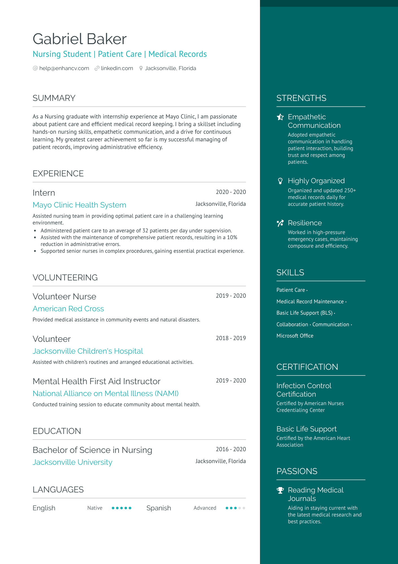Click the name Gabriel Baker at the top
click(x=80, y=39)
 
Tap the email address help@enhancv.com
click(x=64, y=68)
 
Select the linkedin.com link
click(x=117, y=68)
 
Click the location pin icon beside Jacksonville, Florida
click(x=141, y=68)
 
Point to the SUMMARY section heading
click(x=54, y=98)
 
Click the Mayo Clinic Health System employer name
click(x=79, y=205)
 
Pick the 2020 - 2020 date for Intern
click(x=231, y=192)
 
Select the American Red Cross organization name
click(x=68, y=309)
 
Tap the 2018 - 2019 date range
click(x=231, y=338)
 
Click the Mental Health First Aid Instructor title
click(x=97, y=381)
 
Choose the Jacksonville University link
click(x=73, y=462)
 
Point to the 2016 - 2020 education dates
click(x=231, y=449)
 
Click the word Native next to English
click(x=95, y=508)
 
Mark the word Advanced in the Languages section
click(x=205, y=508)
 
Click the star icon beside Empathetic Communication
click(x=280, y=117)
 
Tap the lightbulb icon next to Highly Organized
click(x=280, y=181)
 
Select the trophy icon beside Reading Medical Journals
click(x=280, y=490)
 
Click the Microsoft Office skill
click(x=295, y=336)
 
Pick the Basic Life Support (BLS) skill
click(x=305, y=313)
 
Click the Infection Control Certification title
click(x=304, y=390)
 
